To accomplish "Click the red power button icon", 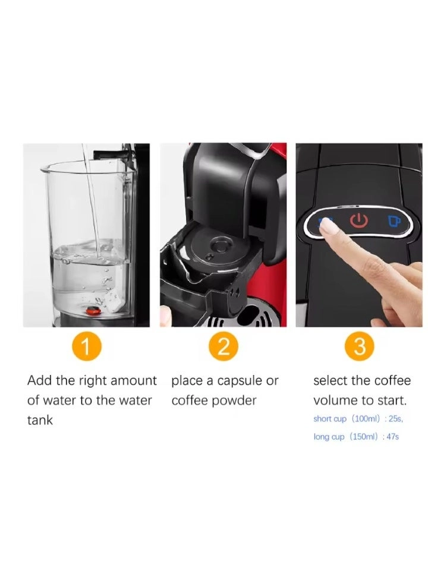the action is click(x=358, y=221).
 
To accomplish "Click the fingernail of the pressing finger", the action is click(x=326, y=225).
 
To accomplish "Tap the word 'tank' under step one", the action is click(x=40, y=421).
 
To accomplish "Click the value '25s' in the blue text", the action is click(x=395, y=419).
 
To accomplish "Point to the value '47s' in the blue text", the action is click(x=392, y=437).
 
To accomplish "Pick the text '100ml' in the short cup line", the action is click(x=366, y=419).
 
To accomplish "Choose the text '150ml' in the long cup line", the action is click(x=364, y=437).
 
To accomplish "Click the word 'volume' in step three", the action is click(x=335, y=401).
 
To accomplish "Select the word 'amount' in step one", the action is click(x=134, y=381).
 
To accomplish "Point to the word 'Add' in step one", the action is click(x=40, y=381).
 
